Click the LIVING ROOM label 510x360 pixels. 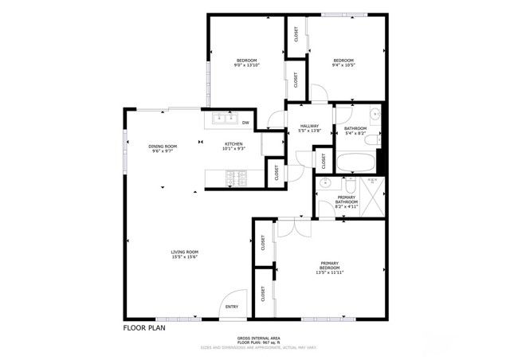pos(183,252)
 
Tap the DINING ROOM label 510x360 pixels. pos(163,147)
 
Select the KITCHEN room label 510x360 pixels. pos(233,144)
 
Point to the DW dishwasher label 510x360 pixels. pos(246,123)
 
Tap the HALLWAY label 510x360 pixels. pos(309,126)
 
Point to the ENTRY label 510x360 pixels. pos(232,307)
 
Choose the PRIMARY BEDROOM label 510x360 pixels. pos(331,265)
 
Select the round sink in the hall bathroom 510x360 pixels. pos(374,115)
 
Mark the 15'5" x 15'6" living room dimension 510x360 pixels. pos(183,257)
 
